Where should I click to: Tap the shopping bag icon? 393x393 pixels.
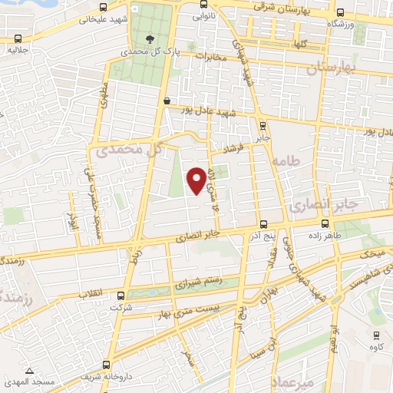click(167, 100)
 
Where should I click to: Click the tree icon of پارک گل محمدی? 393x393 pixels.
click(150, 40)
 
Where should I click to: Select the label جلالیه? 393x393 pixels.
click(18, 50)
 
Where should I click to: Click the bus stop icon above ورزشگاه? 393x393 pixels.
click(339, 13)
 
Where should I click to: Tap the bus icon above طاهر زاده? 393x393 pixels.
click(325, 225)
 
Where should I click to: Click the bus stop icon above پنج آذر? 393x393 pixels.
click(263, 225)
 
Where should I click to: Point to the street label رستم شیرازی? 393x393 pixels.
click(200, 283)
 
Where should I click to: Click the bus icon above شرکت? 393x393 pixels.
click(120, 295)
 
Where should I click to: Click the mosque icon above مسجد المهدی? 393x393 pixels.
click(29, 372)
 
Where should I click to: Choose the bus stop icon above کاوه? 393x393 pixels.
click(376, 335)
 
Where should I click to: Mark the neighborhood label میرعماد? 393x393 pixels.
click(296, 381)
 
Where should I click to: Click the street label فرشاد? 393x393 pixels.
click(232, 146)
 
